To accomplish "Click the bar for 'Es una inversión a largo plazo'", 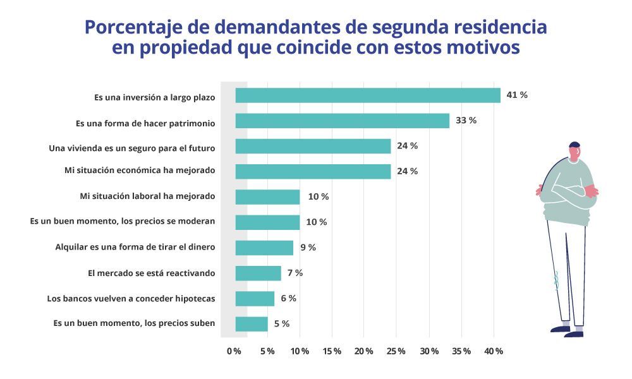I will (368, 95).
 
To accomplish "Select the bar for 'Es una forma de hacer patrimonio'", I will (342, 121).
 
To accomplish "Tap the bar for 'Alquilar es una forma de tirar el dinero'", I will (264, 248).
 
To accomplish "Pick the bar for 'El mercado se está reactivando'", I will (258, 273).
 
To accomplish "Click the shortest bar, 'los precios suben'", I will (252, 324).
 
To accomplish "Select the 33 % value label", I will (466, 120).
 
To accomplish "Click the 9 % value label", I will (308, 248).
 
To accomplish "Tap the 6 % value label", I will (289, 298).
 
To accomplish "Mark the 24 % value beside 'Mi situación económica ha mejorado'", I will (407, 171).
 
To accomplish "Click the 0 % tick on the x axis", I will (234, 351).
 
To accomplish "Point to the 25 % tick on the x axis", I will (396, 351).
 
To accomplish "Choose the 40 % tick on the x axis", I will (493, 351).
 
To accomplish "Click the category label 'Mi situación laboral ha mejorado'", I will (147, 196).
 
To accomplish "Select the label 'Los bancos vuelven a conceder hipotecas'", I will (131, 298).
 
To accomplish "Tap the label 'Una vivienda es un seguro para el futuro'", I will (132, 148).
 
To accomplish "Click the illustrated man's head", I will (574, 152).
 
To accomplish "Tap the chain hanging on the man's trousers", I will (557, 279).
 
